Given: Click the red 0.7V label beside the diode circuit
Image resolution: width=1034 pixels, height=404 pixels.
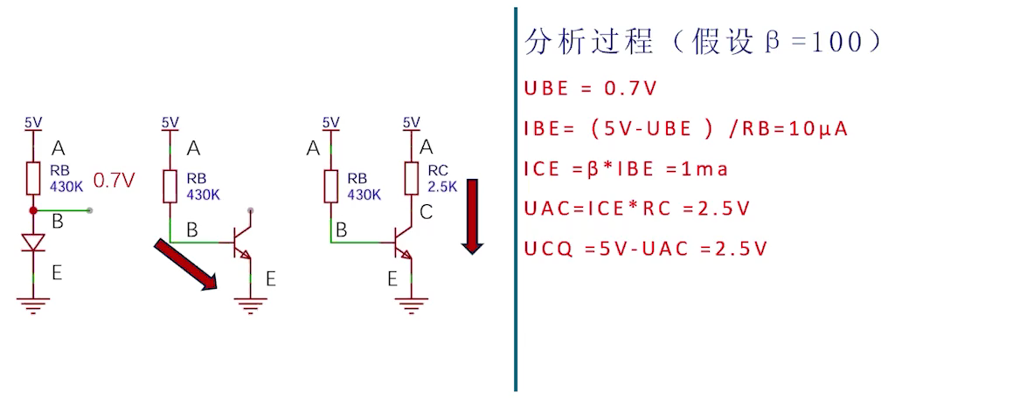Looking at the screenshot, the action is point(115,181).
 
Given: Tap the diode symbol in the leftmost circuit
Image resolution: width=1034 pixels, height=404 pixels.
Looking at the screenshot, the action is point(33,243).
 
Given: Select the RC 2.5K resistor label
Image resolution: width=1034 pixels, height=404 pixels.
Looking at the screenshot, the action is point(442,177).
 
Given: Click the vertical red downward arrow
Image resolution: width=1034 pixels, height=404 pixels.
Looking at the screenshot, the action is point(472,216).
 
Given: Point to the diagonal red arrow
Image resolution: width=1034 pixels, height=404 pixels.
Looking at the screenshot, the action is point(186,264).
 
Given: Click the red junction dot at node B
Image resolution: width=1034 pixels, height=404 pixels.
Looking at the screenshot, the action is point(33,210).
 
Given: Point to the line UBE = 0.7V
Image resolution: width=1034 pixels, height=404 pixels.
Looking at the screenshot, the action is point(590,89).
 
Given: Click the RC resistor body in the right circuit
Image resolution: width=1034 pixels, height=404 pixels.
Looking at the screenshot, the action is point(411,178).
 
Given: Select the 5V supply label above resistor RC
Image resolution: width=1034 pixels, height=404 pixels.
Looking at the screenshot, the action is point(411,122).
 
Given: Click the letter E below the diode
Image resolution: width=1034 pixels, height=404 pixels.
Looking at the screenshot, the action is point(57,271).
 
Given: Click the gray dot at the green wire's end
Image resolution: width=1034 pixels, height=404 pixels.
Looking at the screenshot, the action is point(90,210).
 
